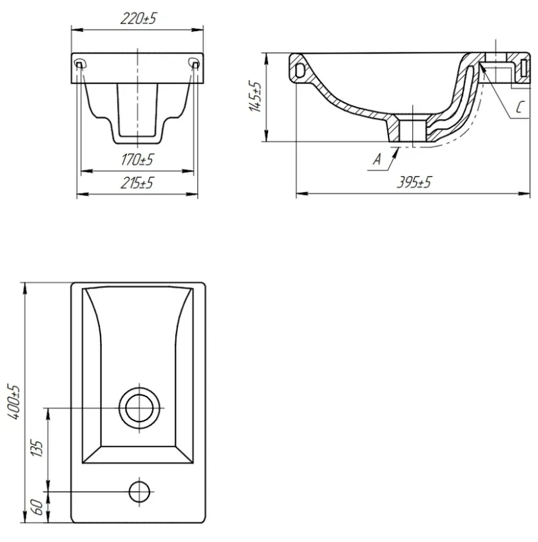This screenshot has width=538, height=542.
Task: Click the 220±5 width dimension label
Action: tap(138, 19)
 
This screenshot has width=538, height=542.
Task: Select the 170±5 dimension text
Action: tap(137, 159)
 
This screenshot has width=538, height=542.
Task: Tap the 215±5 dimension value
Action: tap(137, 183)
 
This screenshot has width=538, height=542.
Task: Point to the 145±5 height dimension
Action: tap(255, 97)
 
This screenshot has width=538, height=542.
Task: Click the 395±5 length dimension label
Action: tap(414, 182)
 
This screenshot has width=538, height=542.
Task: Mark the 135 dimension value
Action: tap(37, 448)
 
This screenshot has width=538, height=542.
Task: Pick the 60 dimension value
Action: tap(37, 507)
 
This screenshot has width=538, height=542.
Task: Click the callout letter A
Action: tap(377, 159)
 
